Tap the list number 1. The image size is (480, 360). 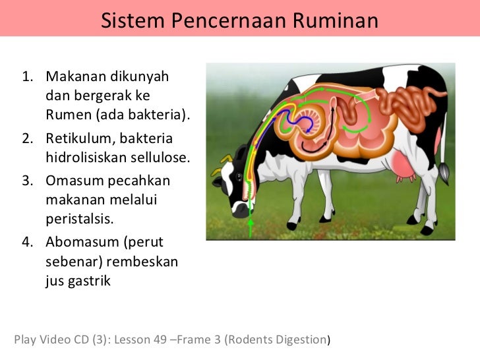pyautogui.click(x=27, y=77)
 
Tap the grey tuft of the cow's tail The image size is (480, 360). pyautogui.click(x=445, y=172)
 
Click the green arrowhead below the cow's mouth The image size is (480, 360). pyautogui.click(x=251, y=220)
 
